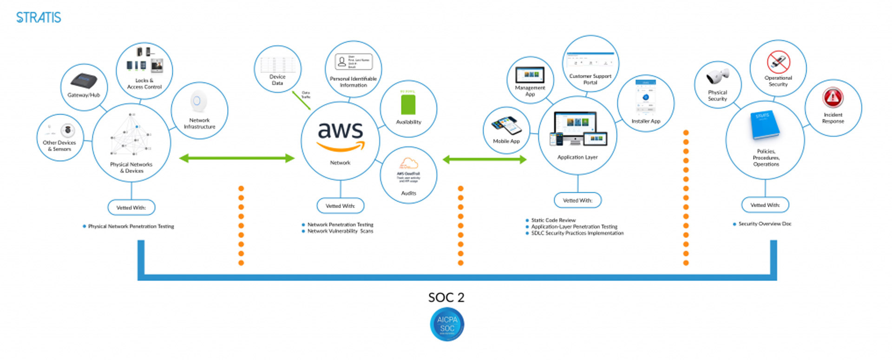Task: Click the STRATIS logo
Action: click(x=39, y=18)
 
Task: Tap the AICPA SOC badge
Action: click(x=447, y=324)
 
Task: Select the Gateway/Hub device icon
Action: click(x=84, y=80)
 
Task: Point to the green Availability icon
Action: click(x=408, y=105)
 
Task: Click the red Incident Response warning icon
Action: click(x=833, y=97)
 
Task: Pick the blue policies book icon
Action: click(x=764, y=124)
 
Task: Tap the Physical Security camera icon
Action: click(x=718, y=76)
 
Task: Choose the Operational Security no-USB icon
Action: click(x=778, y=62)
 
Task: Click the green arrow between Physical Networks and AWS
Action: click(x=237, y=158)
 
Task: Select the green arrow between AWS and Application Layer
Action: click(x=485, y=160)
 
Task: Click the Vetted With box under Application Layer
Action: click(x=577, y=200)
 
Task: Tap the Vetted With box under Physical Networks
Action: click(x=131, y=208)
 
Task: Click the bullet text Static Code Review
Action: click(x=553, y=220)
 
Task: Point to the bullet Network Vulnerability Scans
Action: click(x=340, y=231)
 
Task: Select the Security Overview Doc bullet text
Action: click(x=765, y=224)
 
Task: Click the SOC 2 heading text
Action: click(x=446, y=297)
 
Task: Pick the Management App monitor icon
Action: click(x=530, y=74)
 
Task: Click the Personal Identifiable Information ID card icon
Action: click(x=353, y=62)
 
